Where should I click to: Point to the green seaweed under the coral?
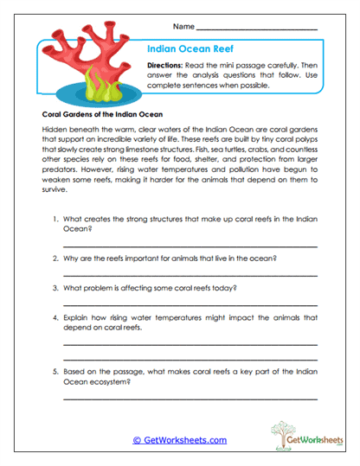[99, 84]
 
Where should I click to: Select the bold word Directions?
[169, 66]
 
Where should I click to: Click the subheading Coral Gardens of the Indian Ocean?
[97, 113]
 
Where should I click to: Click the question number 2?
[55, 259]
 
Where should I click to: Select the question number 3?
[55, 286]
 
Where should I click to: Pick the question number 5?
[55, 369]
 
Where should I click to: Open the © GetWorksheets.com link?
[179, 440]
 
